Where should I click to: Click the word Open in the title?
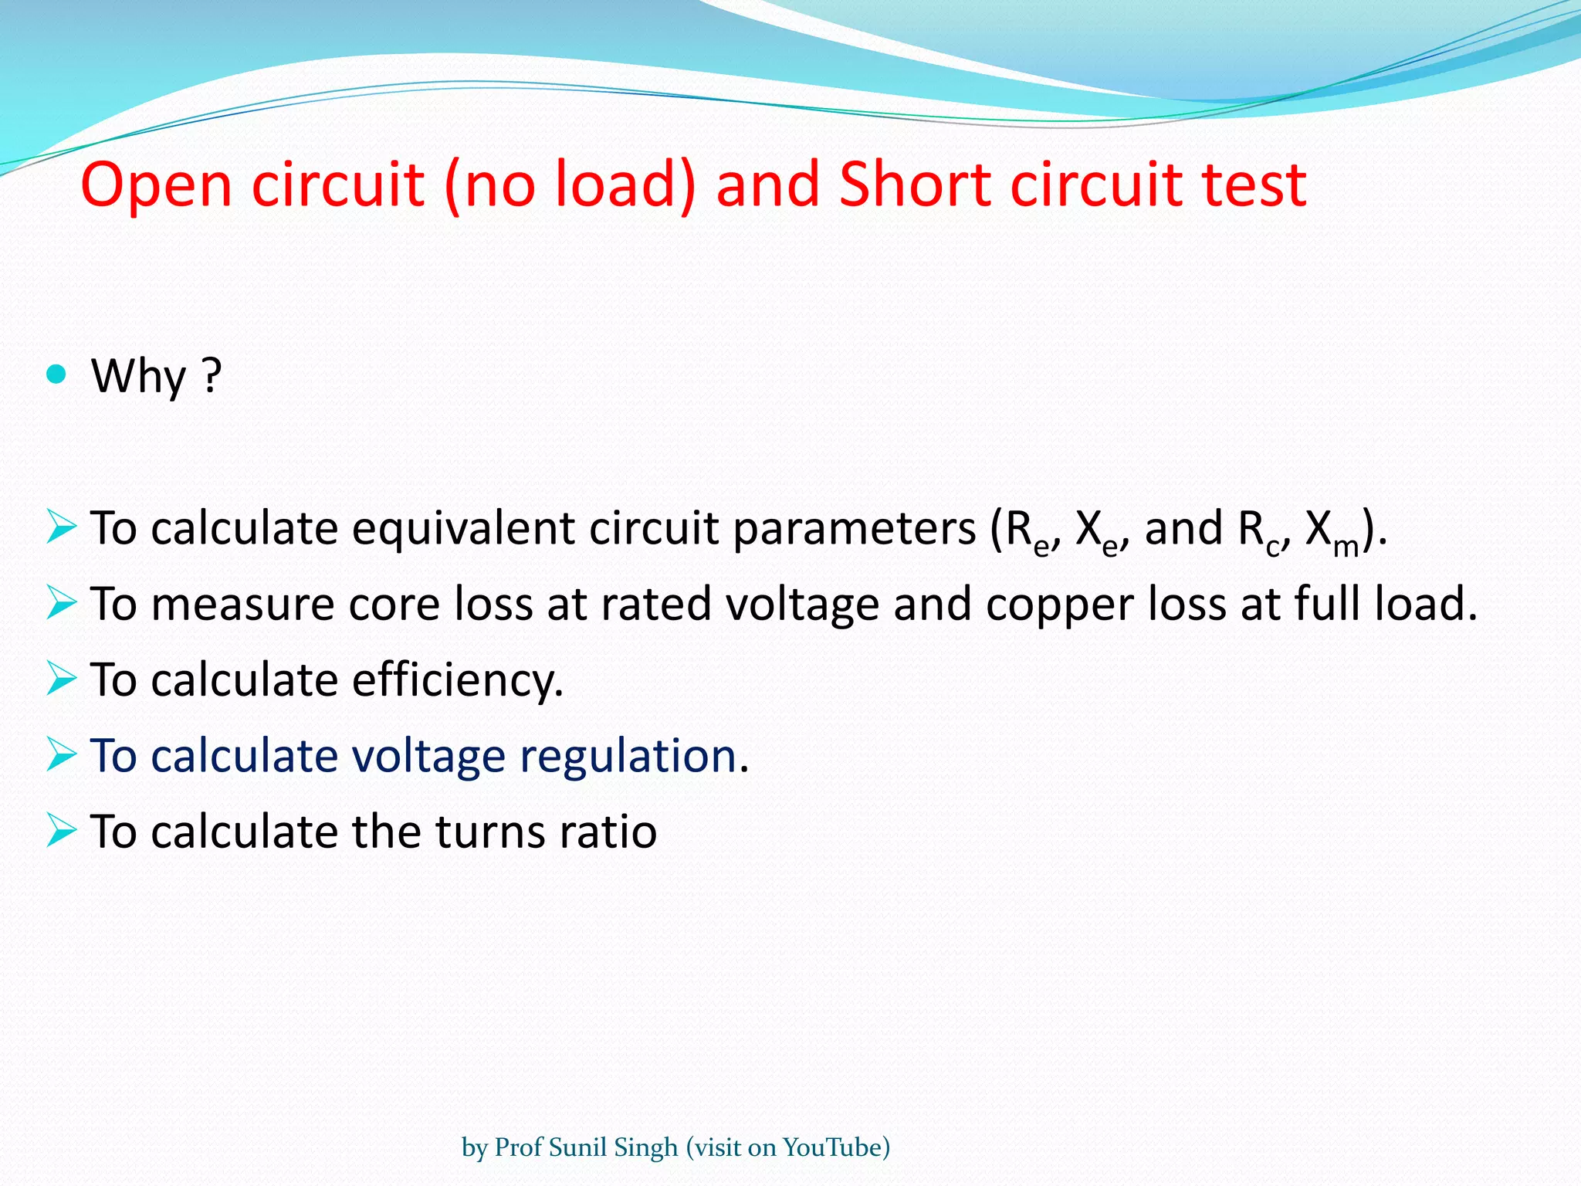tap(156, 185)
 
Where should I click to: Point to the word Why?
tap(139, 376)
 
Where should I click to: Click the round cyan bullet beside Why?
tap(56, 375)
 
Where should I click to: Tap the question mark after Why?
tap(212, 376)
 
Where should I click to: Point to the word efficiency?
tap(458, 680)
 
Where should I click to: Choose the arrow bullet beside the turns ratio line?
tap(61, 830)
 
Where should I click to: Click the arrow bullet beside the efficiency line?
tap(61, 679)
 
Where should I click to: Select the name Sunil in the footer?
tap(579, 1147)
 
